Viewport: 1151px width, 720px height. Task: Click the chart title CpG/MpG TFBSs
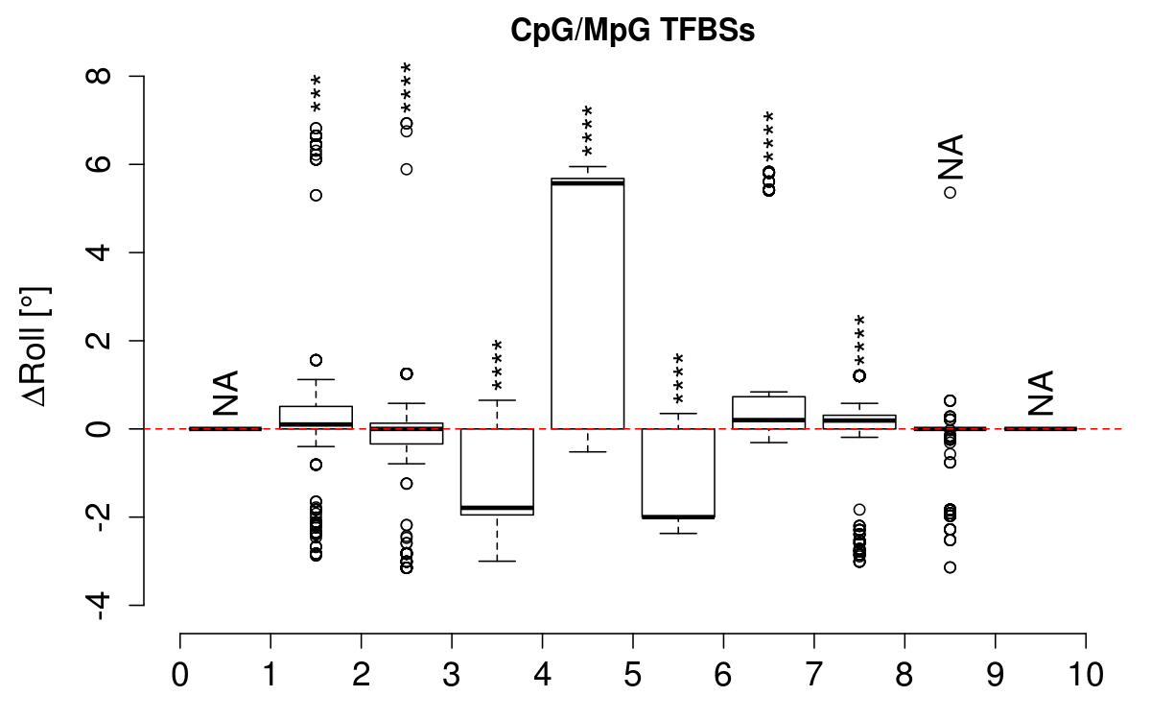(x=633, y=32)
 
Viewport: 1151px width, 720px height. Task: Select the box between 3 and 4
(x=497, y=471)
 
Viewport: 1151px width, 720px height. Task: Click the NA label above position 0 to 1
(x=225, y=394)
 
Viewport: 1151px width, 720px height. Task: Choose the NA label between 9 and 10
(x=1041, y=394)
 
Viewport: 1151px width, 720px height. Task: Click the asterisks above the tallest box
(x=588, y=131)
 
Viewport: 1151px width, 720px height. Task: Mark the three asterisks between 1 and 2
(x=316, y=96)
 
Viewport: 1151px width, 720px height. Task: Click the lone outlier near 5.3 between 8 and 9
(x=950, y=192)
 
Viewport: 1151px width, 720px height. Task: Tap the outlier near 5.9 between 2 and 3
(x=407, y=169)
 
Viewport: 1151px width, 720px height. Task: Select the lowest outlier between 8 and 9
(x=950, y=567)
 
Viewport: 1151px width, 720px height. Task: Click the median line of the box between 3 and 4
(x=497, y=507)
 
